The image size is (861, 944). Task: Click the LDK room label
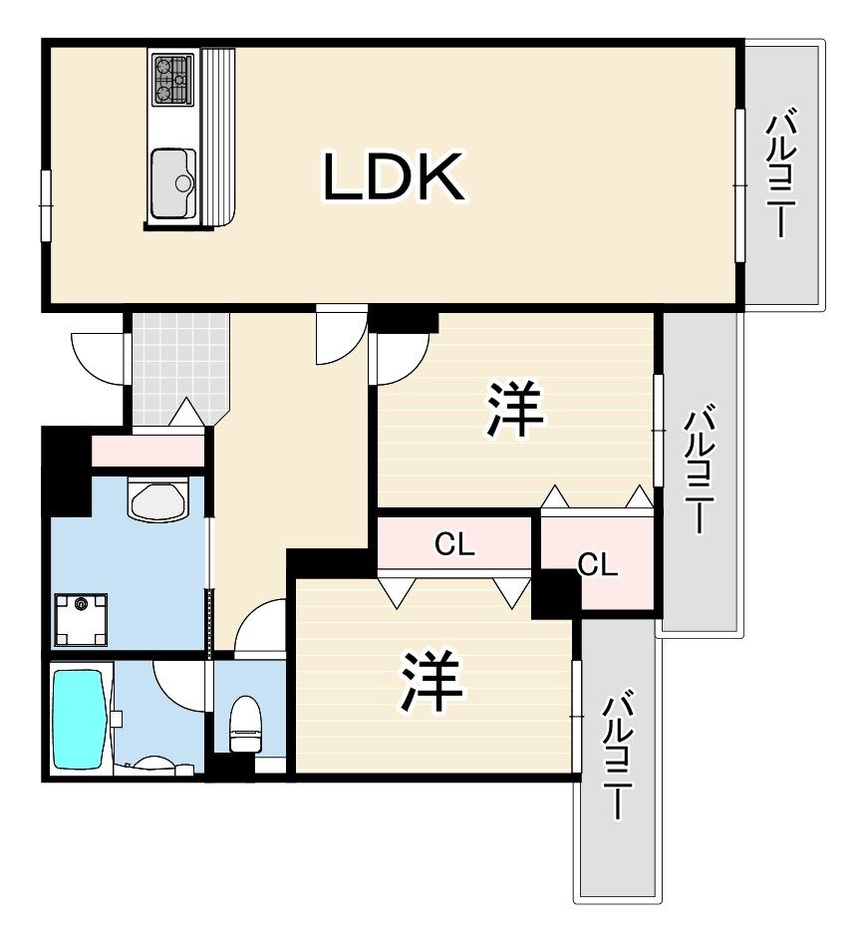[x=394, y=176]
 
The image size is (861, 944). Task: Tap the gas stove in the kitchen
[x=172, y=78]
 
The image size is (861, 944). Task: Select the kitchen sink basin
[x=173, y=182]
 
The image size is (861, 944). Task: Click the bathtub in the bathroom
[x=79, y=720]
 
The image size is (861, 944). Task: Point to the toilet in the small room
[x=245, y=723]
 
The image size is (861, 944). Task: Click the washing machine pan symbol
[x=81, y=619]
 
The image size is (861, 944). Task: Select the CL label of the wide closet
[x=454, y=545]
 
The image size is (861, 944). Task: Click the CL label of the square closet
[x=598, y=565]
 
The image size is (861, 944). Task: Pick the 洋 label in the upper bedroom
[x=515, y=410]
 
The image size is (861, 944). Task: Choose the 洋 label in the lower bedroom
[x=432, y=681]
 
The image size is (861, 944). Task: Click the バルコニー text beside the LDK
[x=780, y=172]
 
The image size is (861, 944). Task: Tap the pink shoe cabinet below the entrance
[x=147, y=451]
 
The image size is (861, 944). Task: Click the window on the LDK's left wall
[x=46, y=206]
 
